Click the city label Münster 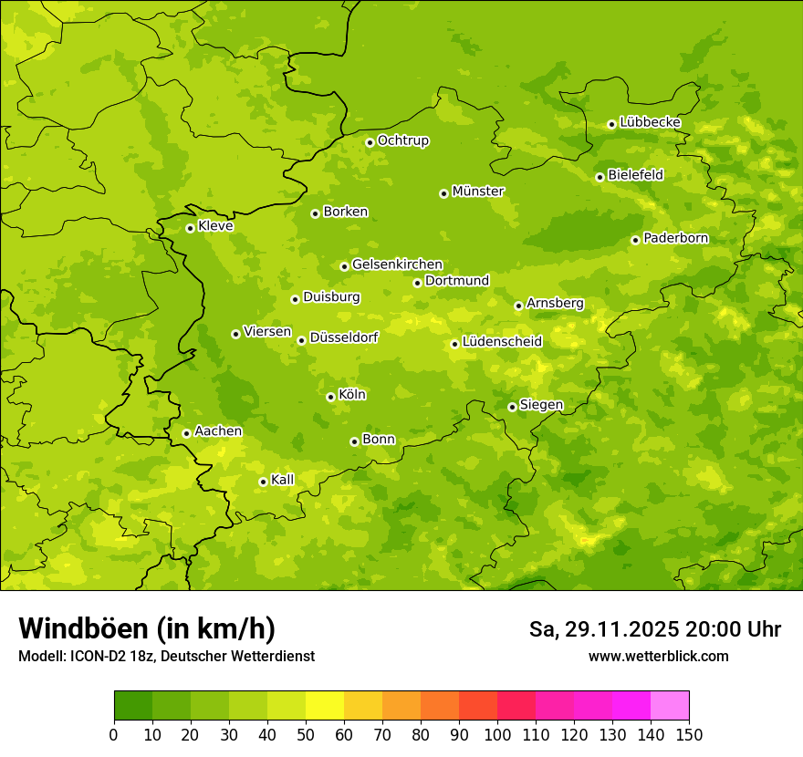click(478, 192)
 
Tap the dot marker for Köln click(330, 397)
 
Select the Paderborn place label click(676, 238)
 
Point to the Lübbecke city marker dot click(611, 124)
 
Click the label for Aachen click(218, 431)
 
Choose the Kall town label click(283, 480)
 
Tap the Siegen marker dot click(512, 407)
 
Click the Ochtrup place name click(403, 140)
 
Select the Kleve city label click(215, 226)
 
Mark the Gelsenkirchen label click(397, 264)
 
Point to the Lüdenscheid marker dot click(454, 344)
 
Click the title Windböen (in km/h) click(147, 628)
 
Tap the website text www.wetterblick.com click(658, 657)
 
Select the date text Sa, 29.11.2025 click(603, 629)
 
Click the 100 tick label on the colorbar click(497, 734)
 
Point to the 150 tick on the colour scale click(689, 734)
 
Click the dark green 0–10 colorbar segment click(133, 706)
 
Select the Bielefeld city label click(635, 175)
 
